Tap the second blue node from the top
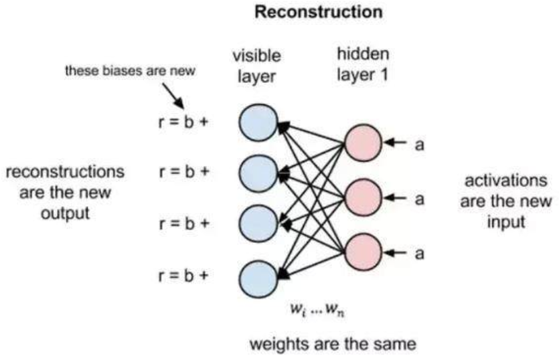[258, 173]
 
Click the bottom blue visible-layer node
[258, 274]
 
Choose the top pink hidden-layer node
[362, 142]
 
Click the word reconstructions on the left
[65, 172]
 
